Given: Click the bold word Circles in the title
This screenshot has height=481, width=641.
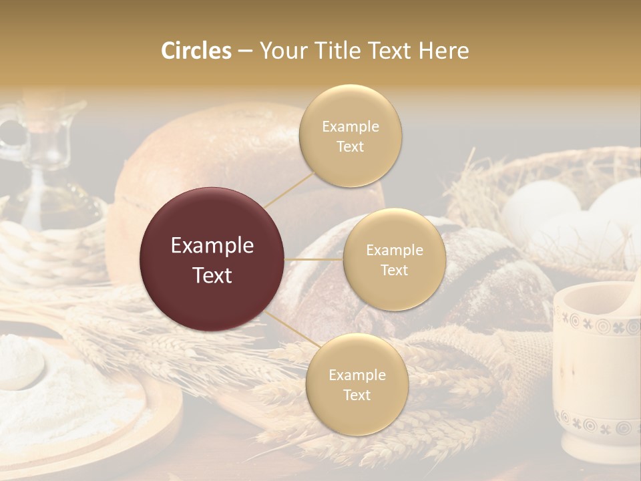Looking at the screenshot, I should point(196,51).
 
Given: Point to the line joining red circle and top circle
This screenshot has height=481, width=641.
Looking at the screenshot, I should point(288,188).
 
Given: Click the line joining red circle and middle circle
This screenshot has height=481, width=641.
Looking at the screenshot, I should point(313,259).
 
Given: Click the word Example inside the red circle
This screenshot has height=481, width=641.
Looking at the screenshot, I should point(212,246).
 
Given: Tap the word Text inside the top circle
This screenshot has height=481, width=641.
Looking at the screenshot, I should point(350,146).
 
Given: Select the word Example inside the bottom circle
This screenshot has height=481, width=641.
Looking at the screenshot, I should point(357,375).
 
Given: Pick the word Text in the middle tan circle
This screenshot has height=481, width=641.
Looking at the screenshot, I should point(394,270).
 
